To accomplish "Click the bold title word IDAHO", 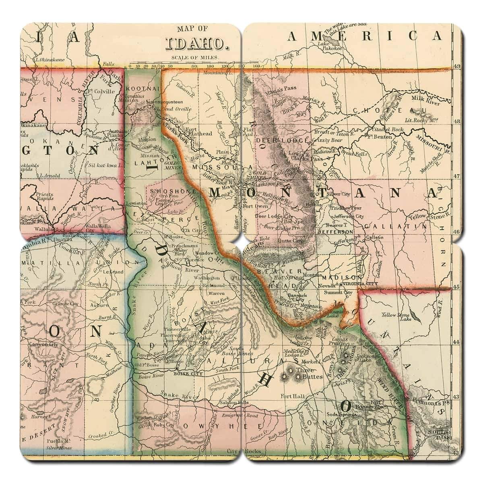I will tap(197, 42).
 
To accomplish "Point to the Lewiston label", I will tap(135, 204).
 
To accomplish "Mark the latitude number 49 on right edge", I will tap(456, 67).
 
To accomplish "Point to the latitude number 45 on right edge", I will tap(456, 287).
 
